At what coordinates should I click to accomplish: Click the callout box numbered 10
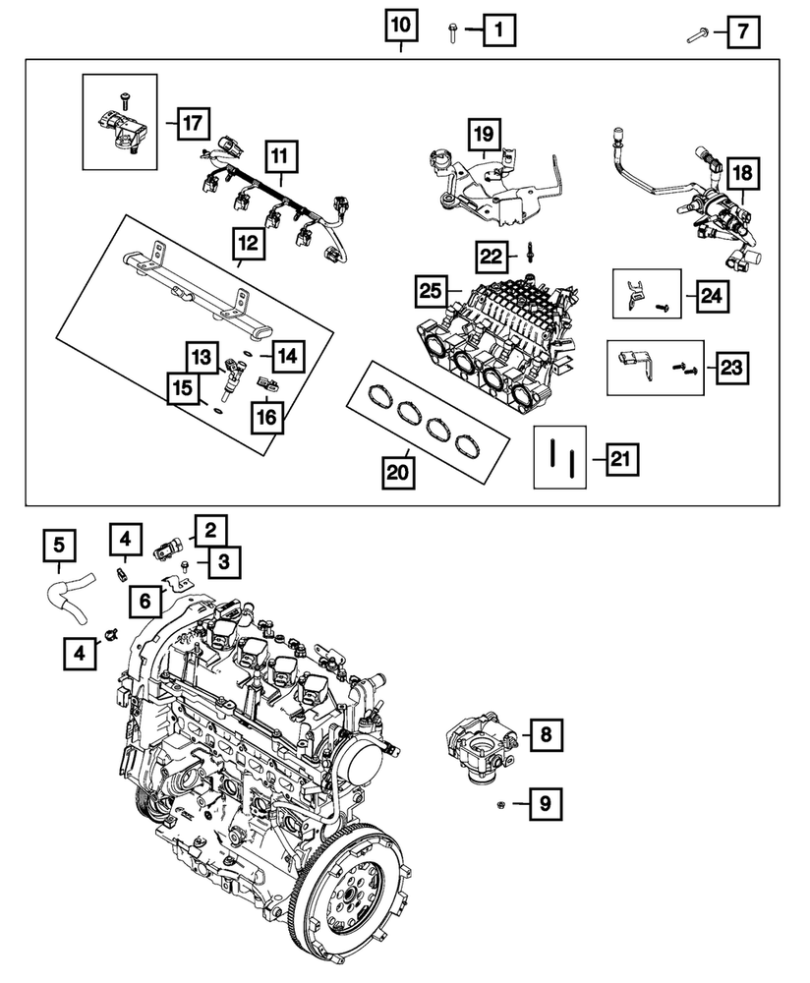pos(400,25)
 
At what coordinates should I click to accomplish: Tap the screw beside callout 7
pos(699,35)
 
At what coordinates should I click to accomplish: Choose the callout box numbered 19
pos(485,134)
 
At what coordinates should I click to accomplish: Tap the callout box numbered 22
pos(492,258)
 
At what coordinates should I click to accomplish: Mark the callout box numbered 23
pos(731,369)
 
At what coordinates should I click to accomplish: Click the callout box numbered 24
pos(710,295)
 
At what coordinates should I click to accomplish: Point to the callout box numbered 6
pos(145,599)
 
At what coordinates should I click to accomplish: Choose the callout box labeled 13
pos(202,357)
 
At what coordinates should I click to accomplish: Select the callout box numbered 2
pos(209,531)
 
